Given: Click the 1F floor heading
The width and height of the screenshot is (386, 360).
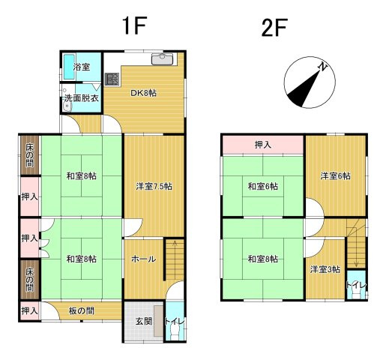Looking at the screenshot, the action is pyautogui.click(x=134, y=25).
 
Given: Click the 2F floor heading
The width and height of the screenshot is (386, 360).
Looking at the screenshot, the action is pyautogui.click(x=274, y=28).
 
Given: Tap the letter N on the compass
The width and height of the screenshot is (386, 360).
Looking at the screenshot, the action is pyautogui.click(x=323, y=67).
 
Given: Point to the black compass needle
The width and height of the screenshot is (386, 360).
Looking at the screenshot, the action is pyautogui.click(x=304, y=88).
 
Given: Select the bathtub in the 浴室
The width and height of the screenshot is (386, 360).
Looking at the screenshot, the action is pyautogui.click(x=68, y=67).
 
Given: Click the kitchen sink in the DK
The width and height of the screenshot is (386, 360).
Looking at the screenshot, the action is pyautogui.click(x=162, y=59).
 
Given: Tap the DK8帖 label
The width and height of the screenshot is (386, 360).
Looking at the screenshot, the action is pyautogui.click(x=144, y=93).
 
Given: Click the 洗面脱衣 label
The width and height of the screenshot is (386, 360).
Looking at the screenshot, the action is pyautogui.click(x=82, y=98).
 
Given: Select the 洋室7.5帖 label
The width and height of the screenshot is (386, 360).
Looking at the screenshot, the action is pyautogui.click(x=154, y=186).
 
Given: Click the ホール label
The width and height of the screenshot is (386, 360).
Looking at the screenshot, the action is pyautogui.click(x=144, y=259).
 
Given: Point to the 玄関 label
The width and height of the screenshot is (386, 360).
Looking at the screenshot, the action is pyautogui.click(x=144, y=321).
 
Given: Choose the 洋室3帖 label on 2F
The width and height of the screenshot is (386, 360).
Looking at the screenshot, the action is pyautogui.click(x=325, y=269).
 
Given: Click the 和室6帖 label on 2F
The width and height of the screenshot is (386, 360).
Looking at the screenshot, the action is pyautogui.click(x=263, y=186).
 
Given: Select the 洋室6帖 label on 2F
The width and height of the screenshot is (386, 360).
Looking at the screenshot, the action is pyautogui.click(x=336, y=176).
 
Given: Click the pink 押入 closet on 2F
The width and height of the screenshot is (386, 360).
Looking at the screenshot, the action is pyautogui.click(x=263, y=145).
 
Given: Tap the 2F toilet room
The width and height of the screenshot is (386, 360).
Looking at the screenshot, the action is pyautogui.click(x=356, y=284).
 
